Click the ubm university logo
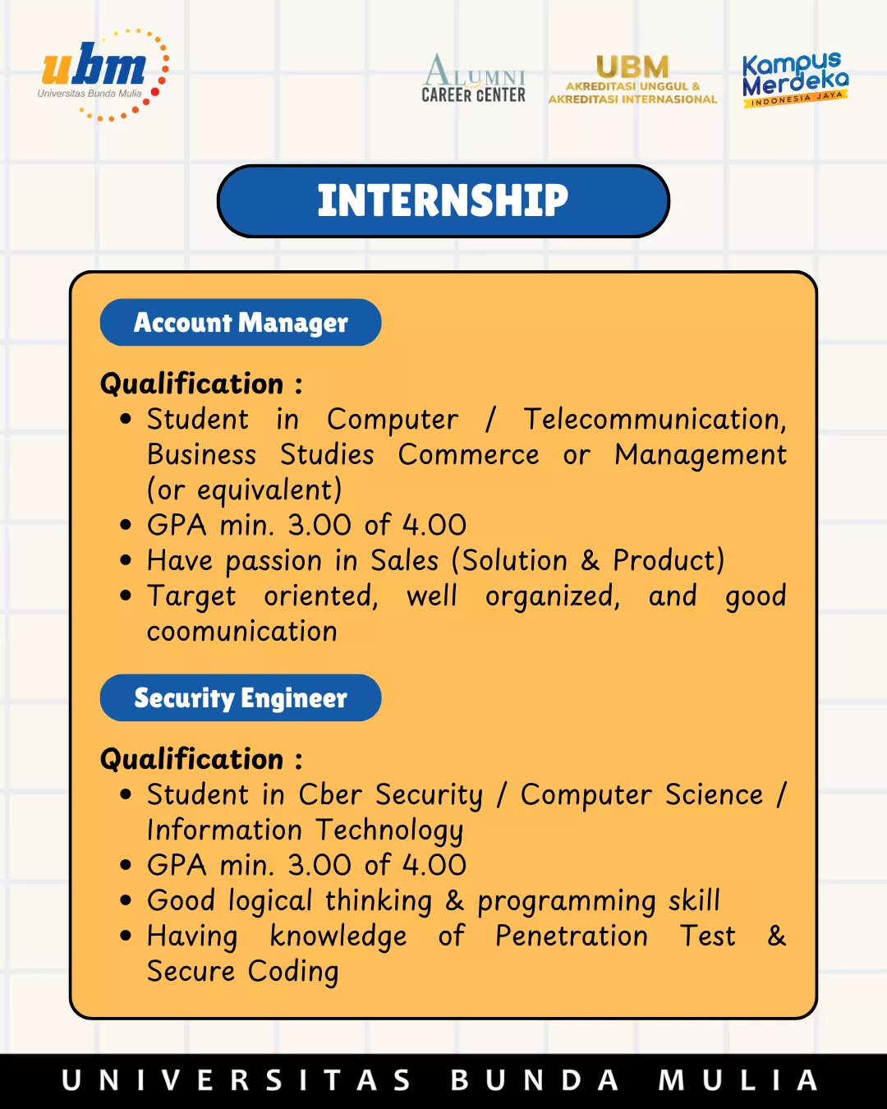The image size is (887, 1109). [x=103, y=75]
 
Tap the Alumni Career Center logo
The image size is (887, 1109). [x=474, y=78]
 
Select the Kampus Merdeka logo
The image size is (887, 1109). [x=795, y=79]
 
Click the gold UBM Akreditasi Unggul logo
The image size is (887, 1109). [x=632, y=80]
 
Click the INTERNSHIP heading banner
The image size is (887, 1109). [x=443, y=201]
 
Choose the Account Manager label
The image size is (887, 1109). [x=241, y=323]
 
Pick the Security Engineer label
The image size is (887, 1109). [x=241, y=697]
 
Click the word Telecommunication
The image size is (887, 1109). [x=655, y=419]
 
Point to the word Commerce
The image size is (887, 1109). [x=468, y=454]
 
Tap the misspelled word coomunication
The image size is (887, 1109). [x=242, y=631]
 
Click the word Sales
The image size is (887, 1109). [x=405, y=560]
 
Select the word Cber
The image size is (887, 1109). [x=330, y=794]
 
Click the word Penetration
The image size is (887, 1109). [x=572, y=936]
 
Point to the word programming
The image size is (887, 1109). [x=567, y=902]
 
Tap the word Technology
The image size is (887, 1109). [x=390, y=831]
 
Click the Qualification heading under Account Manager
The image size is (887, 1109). [x=201, y=384]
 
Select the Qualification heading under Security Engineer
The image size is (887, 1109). [x=201, y=759]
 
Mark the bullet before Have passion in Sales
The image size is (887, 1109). [x=125, y=560]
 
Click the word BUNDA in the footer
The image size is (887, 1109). [x=535, y=1080]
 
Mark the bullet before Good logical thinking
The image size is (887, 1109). [x=125, y=901]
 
